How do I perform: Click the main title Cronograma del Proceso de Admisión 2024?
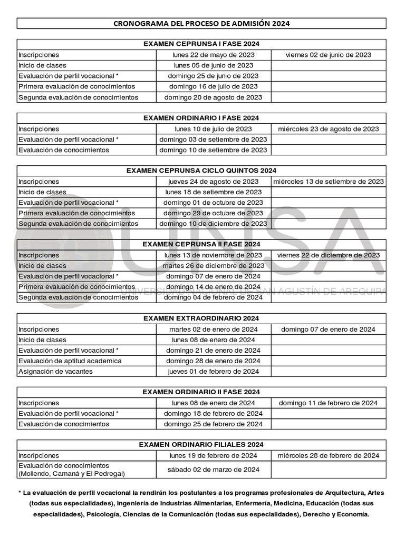click(201, 24)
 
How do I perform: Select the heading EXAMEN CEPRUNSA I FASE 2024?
click(201, 44)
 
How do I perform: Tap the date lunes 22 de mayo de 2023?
click(214, 55)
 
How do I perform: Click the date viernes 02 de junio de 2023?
click(328, 55)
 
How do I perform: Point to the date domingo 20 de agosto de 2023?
click(214, 97)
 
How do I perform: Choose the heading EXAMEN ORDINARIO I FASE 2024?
click(201, 118)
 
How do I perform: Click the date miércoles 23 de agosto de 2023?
click(328, 129)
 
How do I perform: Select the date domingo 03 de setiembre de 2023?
click(214, 139)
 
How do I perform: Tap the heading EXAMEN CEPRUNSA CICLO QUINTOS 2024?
click(201, 171)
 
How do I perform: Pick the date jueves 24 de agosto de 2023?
click(214, 182)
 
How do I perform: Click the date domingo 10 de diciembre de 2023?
click(214, 224)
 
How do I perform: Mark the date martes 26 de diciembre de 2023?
click(214, 266)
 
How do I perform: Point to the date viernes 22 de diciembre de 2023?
click(328, 255)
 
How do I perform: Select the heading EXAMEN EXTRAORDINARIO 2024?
click(201, 318)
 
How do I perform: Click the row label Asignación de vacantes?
click(55, 372)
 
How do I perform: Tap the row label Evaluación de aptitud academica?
click(70, 361)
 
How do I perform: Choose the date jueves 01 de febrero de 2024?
click(214, 372)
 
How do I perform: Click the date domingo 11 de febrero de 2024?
click(328, 403)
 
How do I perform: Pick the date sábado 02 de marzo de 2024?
click(214, 470)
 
